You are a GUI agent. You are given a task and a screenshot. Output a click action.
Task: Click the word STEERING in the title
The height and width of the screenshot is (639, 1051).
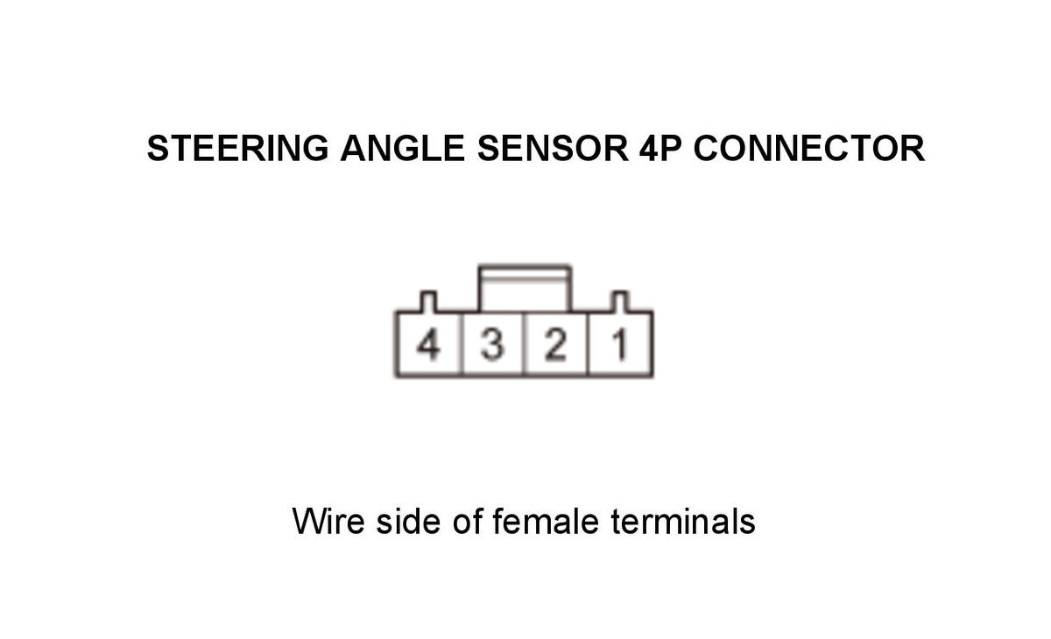click(238, 148)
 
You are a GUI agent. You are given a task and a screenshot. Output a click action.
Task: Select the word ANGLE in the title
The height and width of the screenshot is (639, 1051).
click(403, 148)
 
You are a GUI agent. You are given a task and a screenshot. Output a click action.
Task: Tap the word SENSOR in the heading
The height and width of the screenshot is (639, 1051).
click(553, 148)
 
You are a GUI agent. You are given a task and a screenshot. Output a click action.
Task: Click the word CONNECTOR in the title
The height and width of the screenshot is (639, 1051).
click(809, 148)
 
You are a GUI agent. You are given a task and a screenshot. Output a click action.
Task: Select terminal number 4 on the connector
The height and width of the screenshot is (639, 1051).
click(429, 345)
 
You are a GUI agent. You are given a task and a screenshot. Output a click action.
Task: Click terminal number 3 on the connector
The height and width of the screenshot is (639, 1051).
click(492, 345)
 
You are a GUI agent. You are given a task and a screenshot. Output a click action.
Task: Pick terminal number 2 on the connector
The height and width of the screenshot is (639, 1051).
click(555, 345)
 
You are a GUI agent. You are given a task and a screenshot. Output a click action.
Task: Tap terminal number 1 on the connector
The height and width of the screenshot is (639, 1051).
click(620, 345)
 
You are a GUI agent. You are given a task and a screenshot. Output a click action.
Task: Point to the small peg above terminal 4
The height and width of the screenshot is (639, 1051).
click(428, 301)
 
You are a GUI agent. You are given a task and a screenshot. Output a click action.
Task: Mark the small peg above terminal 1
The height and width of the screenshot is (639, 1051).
click(620, 301)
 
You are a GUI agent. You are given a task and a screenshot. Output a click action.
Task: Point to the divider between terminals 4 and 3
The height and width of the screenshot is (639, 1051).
click(462, 344)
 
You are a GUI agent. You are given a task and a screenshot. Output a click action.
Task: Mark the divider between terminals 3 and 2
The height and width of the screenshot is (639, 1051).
click(524, 344)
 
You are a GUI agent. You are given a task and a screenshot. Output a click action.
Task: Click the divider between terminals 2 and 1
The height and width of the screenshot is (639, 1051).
click(588, 344)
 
